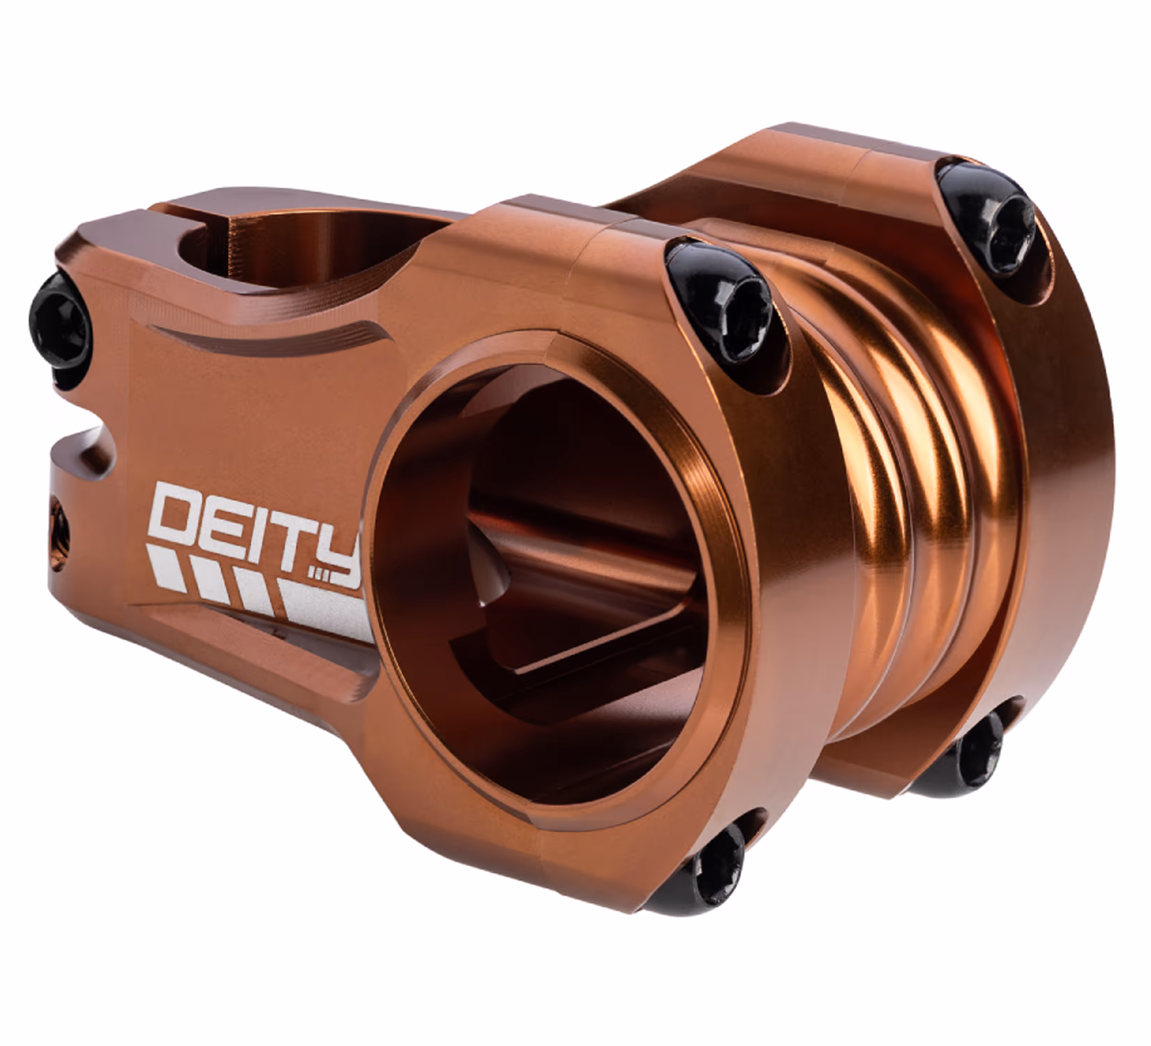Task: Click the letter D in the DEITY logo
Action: click(x=176, y=514)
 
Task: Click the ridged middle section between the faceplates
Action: click(x=900, y=488)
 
